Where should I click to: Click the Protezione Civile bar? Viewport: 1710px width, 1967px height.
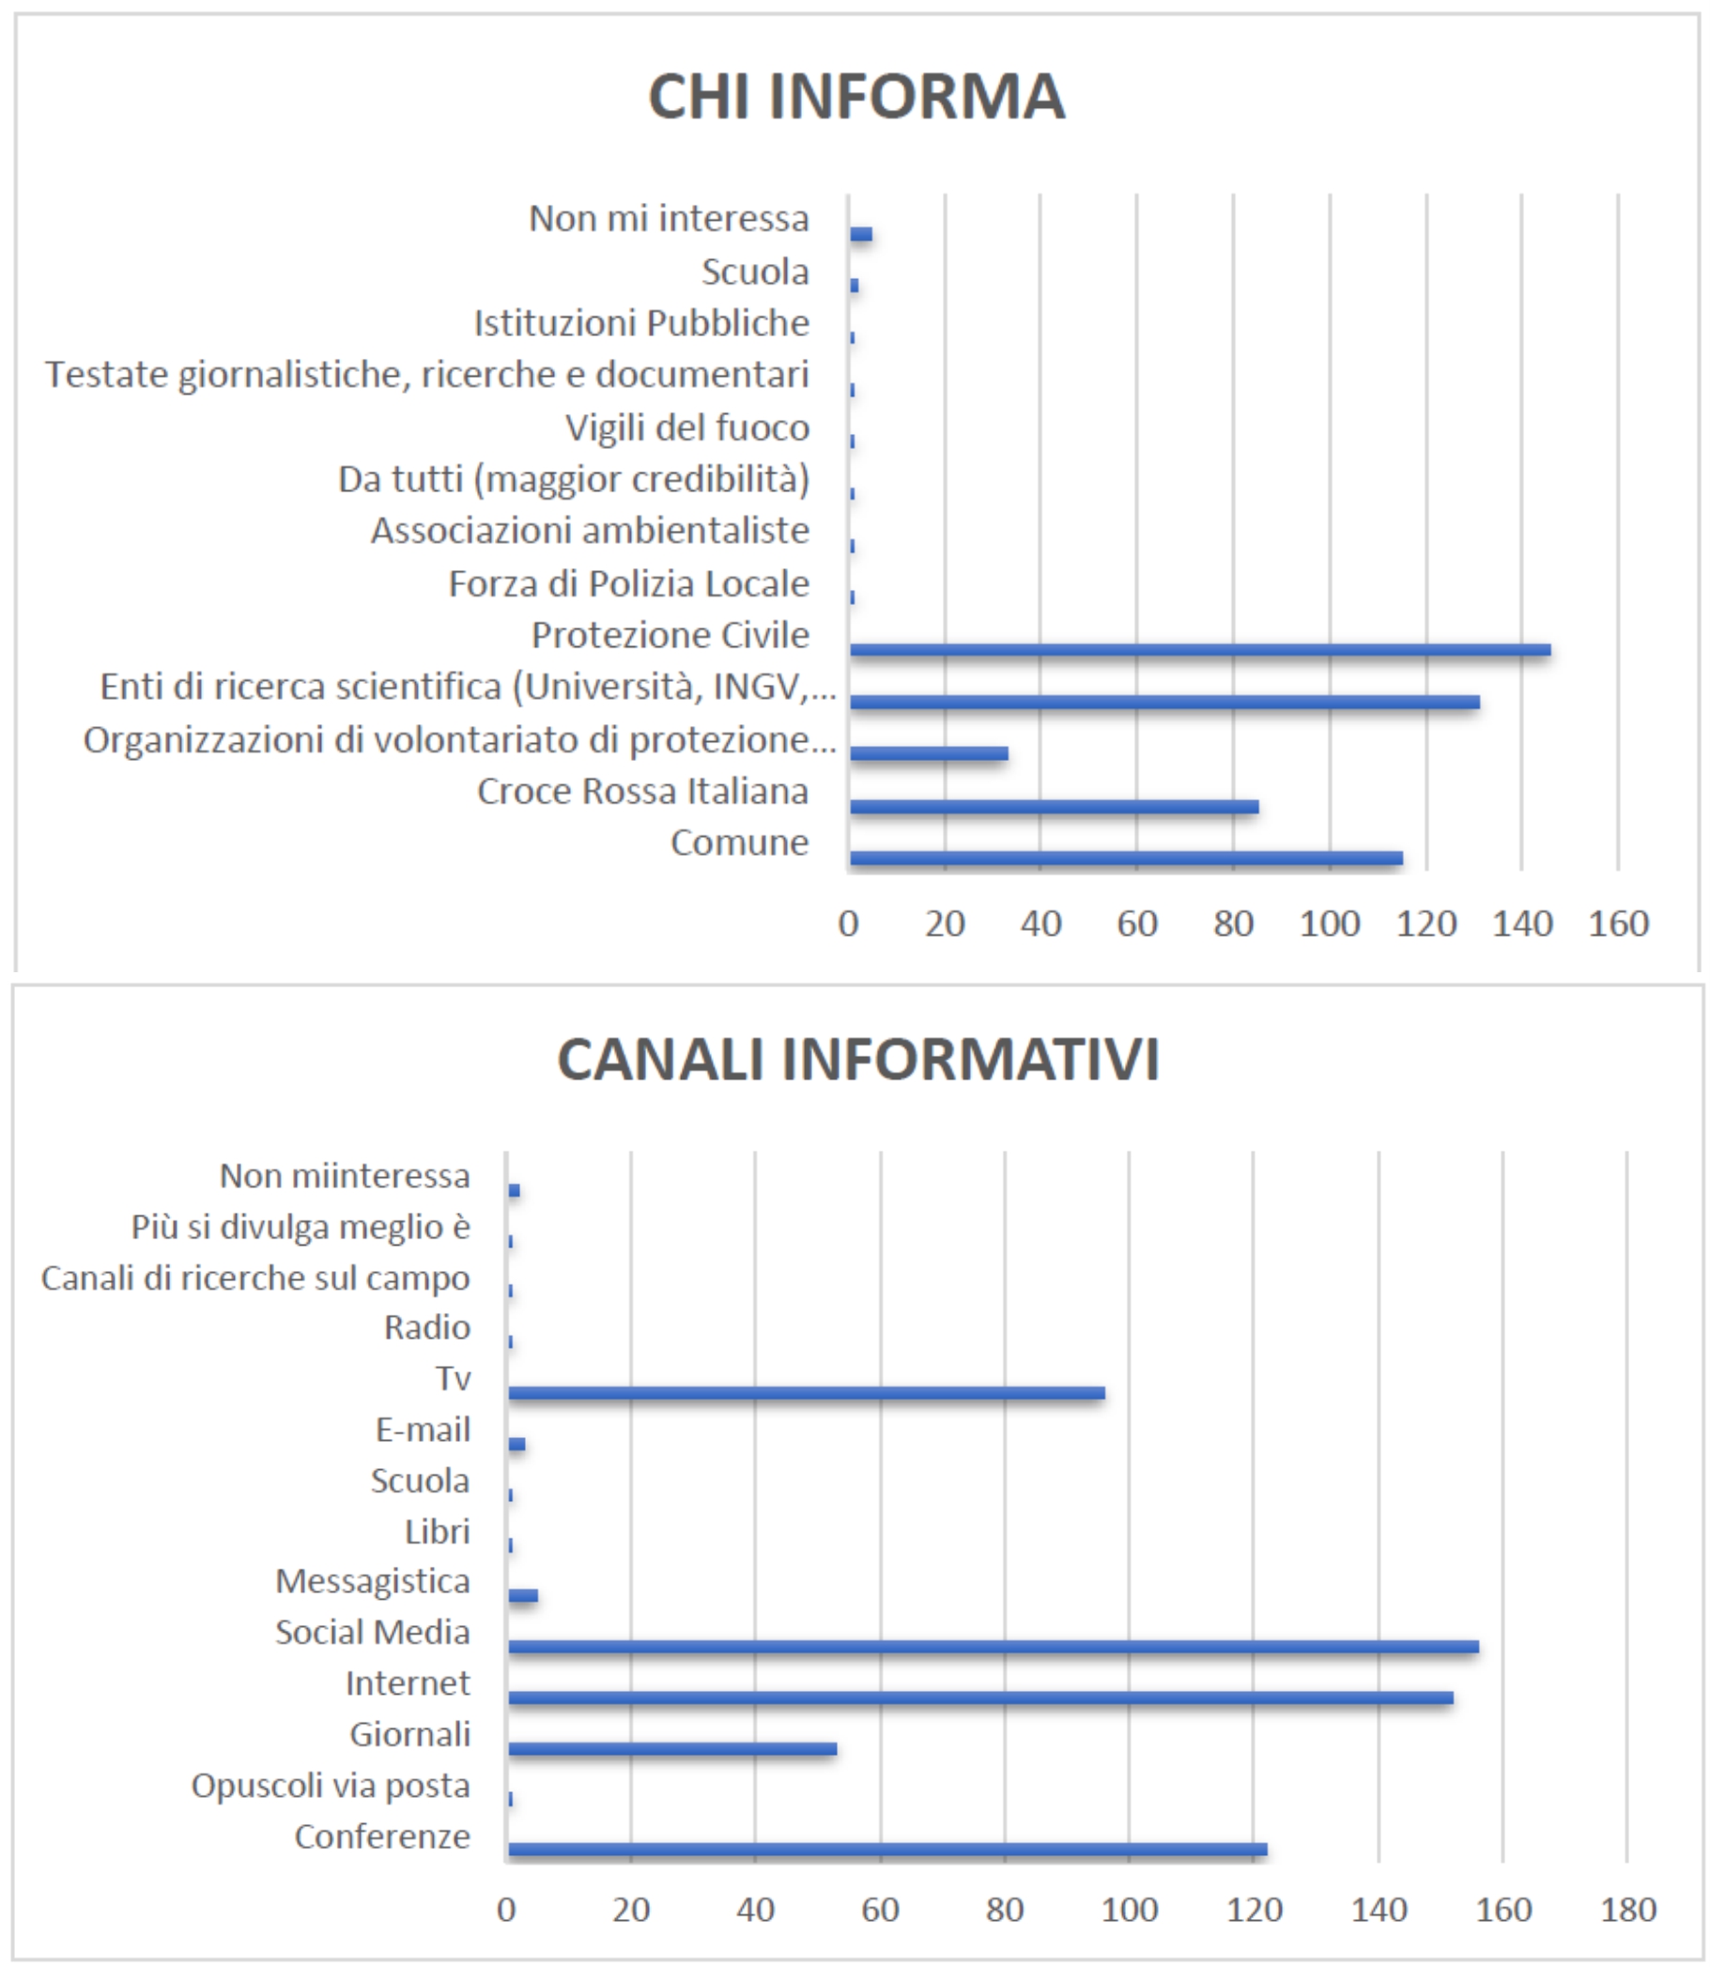[x=1199, y=650]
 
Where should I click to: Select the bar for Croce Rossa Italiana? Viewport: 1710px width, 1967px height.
[x=1054, y=807]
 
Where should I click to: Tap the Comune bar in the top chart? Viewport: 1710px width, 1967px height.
[x=1126, y=858]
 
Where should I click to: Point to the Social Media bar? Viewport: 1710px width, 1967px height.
[x=994, y=1647]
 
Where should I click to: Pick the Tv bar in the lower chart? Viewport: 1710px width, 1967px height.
[x=807, y=1392]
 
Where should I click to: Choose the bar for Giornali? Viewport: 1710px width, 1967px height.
[x=672, y=1748]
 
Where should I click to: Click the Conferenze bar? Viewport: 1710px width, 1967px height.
[x=887, y=1850]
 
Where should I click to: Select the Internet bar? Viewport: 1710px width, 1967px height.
[x=981, y=1697]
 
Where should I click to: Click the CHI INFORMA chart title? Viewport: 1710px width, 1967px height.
[x=856, y=97]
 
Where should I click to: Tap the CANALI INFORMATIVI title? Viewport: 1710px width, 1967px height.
[x=858, y=1060]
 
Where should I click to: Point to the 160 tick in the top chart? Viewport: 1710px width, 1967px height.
[x=1618, y=923]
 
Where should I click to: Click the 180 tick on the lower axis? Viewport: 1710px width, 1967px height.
[x=1628, y=1910]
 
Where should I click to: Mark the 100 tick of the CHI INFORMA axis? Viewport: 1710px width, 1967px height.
[x=1330, y=923]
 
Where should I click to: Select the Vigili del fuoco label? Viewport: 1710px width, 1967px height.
[x=687, y=427]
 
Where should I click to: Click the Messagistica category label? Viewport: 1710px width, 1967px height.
[x=372, y=1582]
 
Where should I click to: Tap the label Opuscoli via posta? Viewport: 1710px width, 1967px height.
[x=331, y=1785]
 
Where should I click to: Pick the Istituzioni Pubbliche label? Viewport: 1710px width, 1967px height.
[x=641, y=322]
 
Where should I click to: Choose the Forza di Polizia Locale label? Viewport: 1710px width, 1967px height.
[x=629, y=583]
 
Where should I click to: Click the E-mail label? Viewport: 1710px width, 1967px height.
[x=423, y=1430]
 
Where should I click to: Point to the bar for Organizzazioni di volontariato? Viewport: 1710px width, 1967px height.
[x=929, y=754]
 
